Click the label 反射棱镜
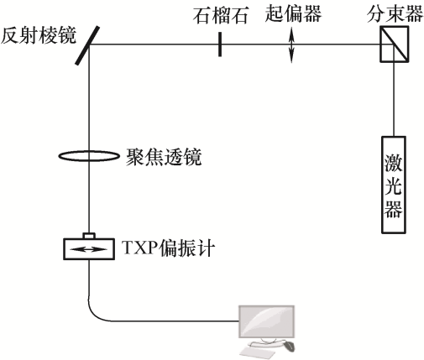39,35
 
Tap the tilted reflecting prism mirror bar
87,45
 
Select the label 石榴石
221,16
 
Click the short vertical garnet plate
220,44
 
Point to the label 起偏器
293,13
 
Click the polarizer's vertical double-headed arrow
291,44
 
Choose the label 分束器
395,13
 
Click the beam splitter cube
394,44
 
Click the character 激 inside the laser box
394,163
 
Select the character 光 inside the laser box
394,186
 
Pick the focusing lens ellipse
89,156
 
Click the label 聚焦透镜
164,157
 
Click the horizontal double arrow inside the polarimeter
89,249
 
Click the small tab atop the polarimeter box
89,236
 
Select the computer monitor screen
266,321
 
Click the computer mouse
290,347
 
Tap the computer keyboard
258,353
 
